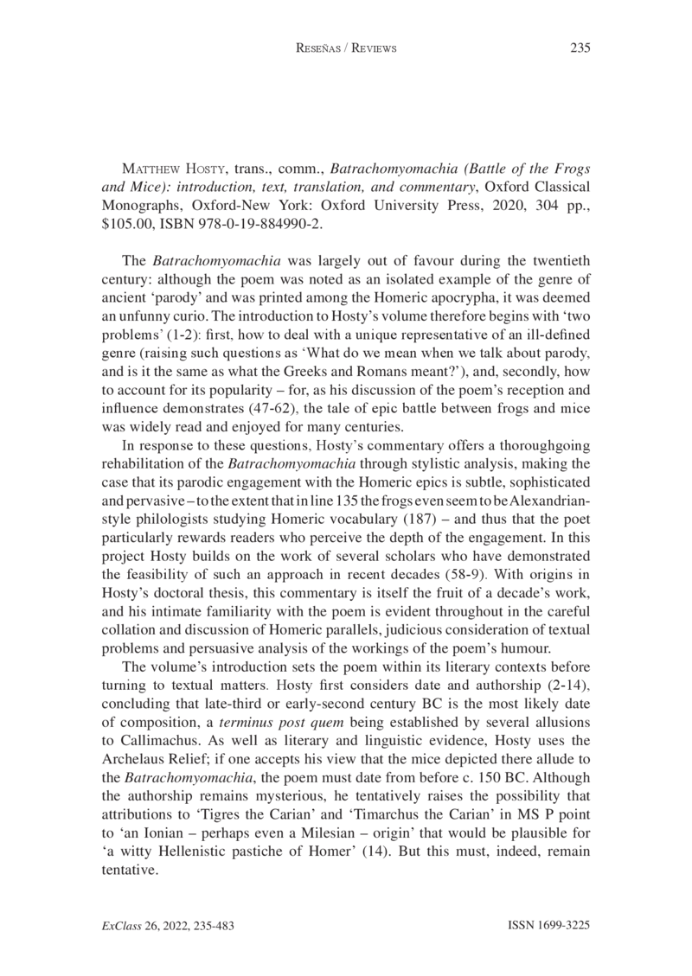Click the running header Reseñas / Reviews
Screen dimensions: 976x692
pos(346,48)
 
